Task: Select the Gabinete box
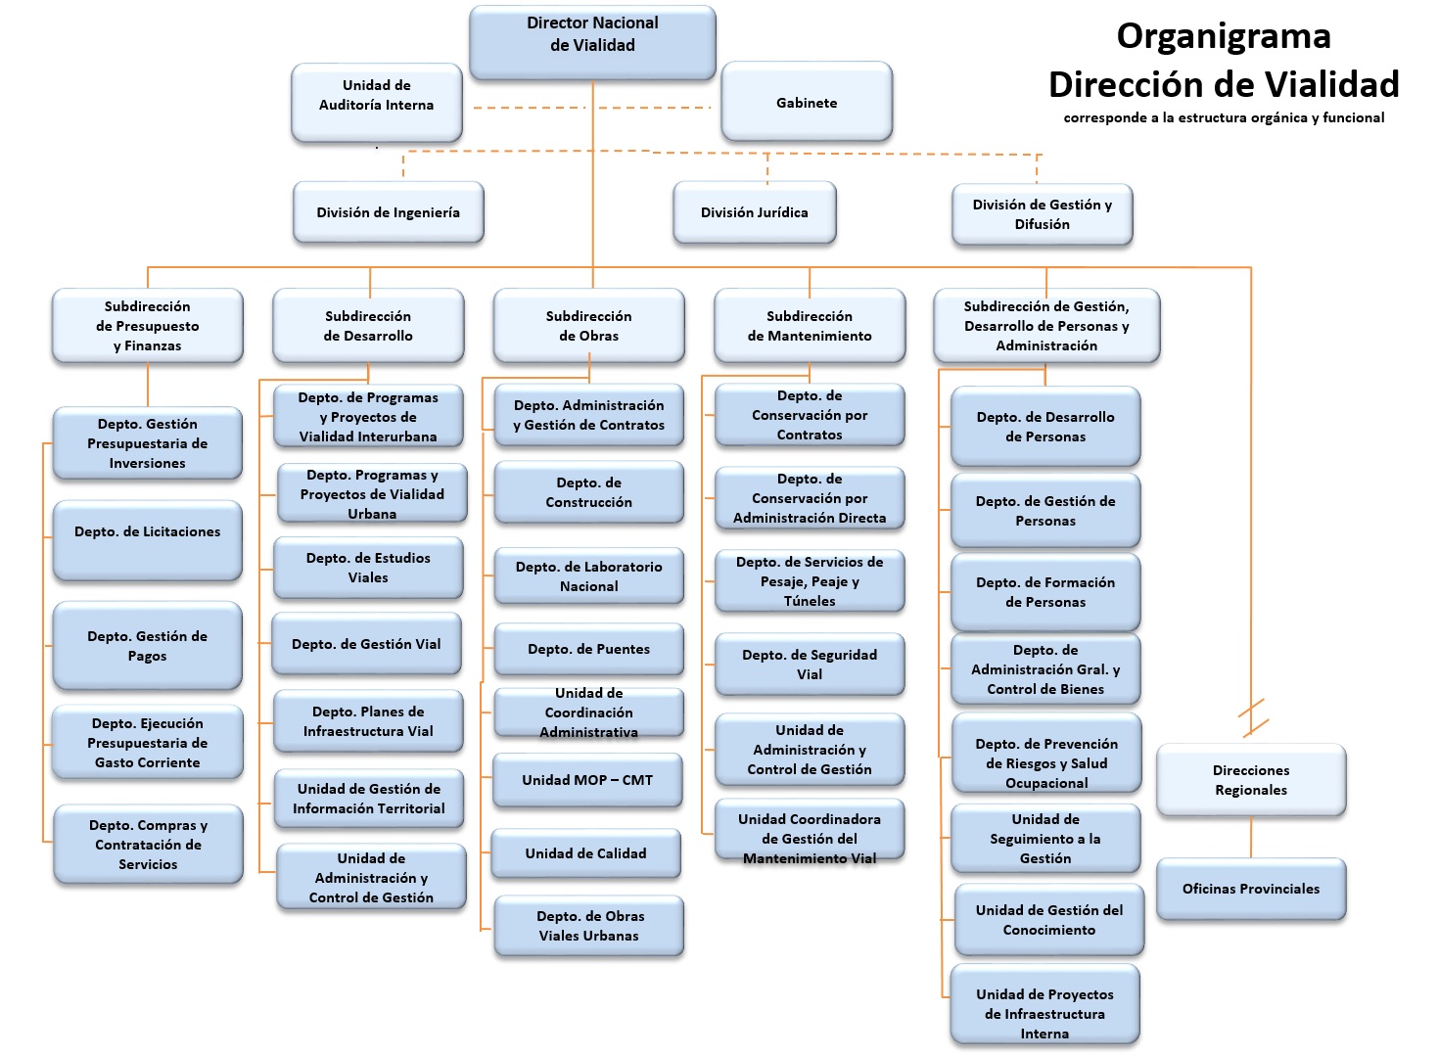pos(807,102)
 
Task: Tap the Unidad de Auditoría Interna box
pos(377,102)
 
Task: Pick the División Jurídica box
pos(755,212)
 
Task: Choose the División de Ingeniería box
pos(389,212)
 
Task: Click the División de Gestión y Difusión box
pos(1043,214)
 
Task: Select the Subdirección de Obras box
pos(589,326)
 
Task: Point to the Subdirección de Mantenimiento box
pos(810,326)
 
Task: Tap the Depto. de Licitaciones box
pos(148,539)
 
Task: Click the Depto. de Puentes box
pos(589,649)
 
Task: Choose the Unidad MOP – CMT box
pos(587,780)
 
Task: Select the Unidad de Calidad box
pos(585,853)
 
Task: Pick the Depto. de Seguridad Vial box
pos(810,665)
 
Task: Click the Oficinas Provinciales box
pos(1251,889)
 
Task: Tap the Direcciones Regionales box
pos(1251,780)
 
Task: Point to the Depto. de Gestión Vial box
pos(367,644)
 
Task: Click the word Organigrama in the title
pos(1224,36)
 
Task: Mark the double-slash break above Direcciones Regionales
pos(1252,717)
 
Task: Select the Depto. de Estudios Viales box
pos(368,568)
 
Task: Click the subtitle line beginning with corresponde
pos(1224,117)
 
